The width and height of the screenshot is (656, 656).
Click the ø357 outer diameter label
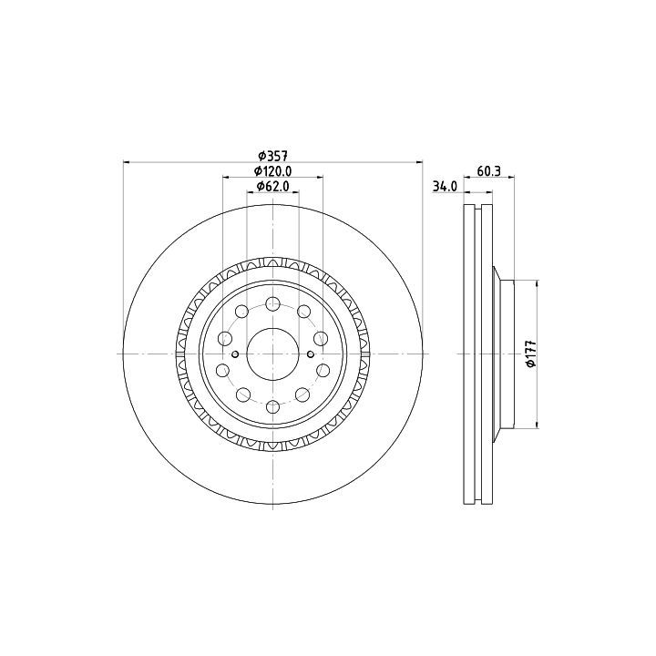pos(272,156)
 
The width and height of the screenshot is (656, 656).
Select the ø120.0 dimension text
pos(272,171)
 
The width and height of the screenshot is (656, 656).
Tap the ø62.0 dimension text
pos(272,186)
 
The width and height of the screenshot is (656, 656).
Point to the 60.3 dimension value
pos(489,170)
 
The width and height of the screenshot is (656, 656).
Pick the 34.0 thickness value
pos(445,186)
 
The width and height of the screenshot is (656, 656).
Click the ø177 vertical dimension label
pos(531,354)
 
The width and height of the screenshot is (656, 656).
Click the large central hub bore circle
pos(272,354)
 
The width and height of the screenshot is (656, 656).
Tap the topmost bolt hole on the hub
pos(272,303)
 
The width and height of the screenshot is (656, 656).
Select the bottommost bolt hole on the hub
pos(272,406)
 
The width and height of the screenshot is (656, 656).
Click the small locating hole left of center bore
pos(235,354)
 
